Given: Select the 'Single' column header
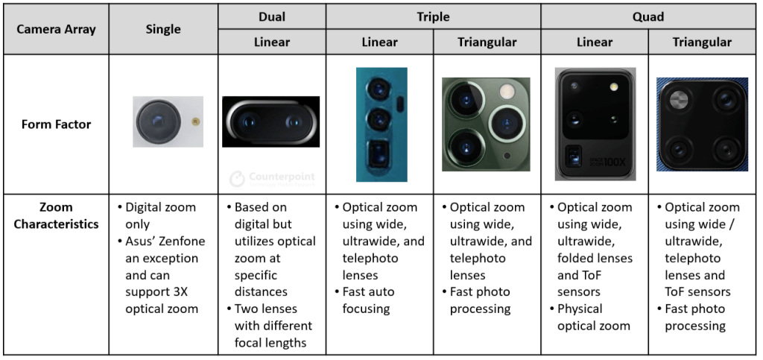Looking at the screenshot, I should click(x=163, y=29).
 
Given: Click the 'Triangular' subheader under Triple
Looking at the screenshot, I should click(x=487, y=42).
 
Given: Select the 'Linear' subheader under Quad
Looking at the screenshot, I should click(x=595, y=42).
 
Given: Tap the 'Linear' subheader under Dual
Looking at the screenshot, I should click(x=272, y=42).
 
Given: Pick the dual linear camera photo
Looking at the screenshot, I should click(x=270, y=121).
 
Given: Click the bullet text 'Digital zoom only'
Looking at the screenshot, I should click(x=159, y=215).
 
